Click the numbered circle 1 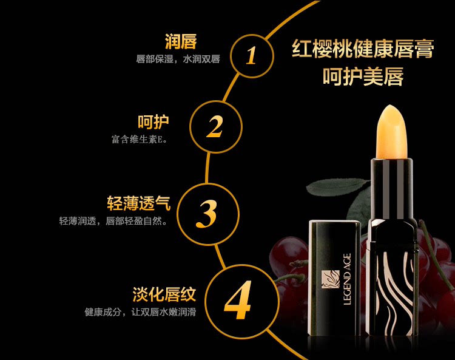251,55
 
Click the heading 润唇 181,42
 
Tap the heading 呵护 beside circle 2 153,121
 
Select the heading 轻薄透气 138,203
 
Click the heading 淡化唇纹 164,295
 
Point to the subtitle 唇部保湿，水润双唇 177,59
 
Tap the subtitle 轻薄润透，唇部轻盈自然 113,220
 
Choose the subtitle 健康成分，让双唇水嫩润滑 140,313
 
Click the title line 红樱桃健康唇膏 362,49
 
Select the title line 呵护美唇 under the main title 363,77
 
